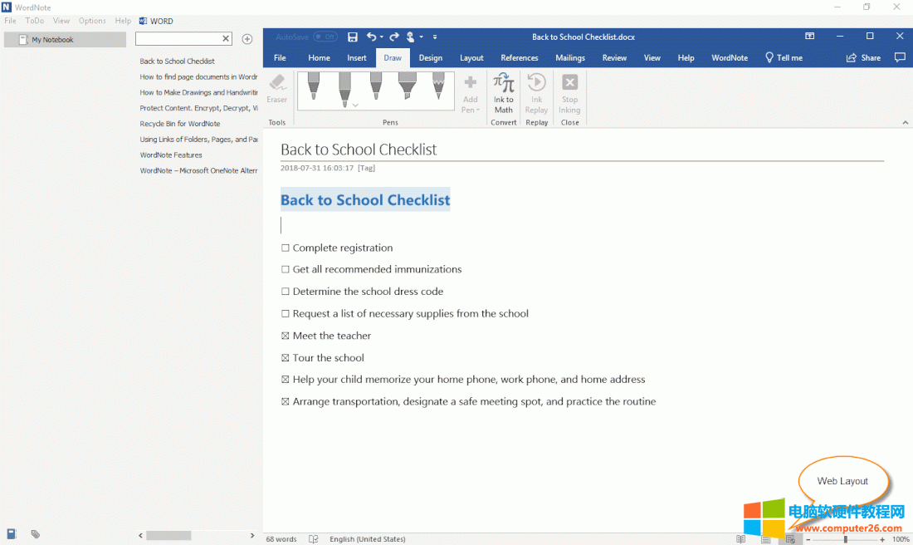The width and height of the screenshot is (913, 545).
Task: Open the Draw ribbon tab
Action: (x=393, y=58)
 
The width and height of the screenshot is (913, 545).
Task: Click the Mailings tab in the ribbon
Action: (x=570, y=58)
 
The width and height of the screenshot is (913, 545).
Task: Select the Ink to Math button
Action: (x=504, y=93)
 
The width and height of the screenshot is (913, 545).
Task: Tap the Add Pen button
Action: (x=471, y=93)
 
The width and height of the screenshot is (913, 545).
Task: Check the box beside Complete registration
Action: (x=286, y=248)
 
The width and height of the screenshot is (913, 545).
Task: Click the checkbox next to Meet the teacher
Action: (x=286, y=336)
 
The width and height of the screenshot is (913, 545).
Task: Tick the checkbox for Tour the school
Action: (x=286, y=358)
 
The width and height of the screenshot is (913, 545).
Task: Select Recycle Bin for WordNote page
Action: (x=180, y=124)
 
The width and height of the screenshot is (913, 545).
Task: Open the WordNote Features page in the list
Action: (x=171, y=155)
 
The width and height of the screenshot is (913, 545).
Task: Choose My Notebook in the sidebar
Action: (x=52, y=40)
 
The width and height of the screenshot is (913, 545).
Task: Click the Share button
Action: (x=863, y=58)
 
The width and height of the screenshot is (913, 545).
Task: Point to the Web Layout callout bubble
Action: (x=842, y=481)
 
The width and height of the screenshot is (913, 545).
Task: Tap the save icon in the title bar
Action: (x=353, y=37)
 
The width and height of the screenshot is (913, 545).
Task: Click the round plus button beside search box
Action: (x=247, y=39)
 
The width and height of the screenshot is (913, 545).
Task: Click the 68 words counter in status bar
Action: (x=281, y=539)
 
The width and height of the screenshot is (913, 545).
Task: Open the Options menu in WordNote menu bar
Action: (x=92, y=21)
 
